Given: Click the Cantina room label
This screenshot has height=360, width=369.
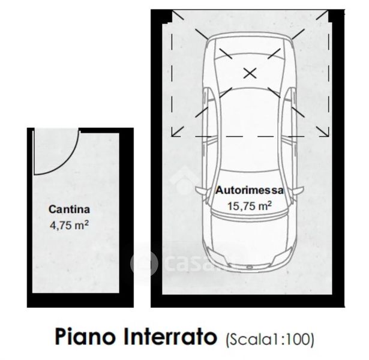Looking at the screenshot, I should [70, 210].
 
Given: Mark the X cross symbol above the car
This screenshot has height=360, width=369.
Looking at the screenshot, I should [250, 73].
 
